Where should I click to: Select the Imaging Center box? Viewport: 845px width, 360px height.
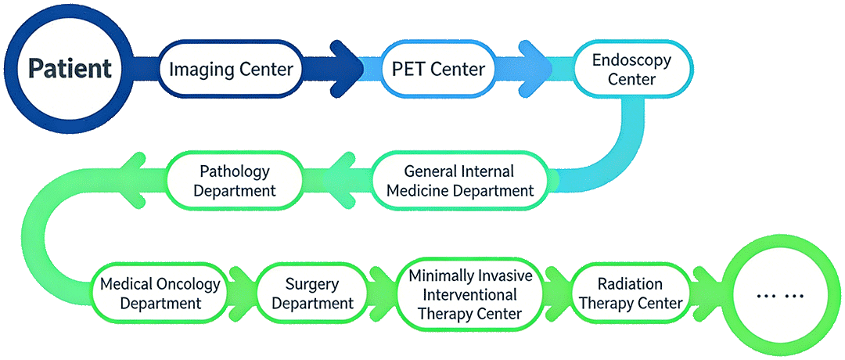(x=231, y=69)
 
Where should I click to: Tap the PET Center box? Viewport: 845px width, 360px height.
(x=438, y=69)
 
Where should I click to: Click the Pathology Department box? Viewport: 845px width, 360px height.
(x=235, y=181)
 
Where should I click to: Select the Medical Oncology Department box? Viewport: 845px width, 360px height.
(x=160, y=293)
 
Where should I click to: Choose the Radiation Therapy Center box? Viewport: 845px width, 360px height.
(x=630, y=293)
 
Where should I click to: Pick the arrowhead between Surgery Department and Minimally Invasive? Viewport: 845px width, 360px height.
(x=381, y=293)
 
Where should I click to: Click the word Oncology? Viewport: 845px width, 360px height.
(x=185, y=283)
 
